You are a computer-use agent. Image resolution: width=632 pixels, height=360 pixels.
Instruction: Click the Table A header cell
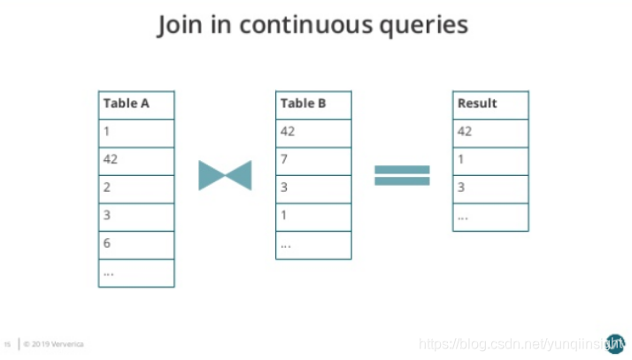136,103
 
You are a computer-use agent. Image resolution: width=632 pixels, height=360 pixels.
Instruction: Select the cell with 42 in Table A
136,160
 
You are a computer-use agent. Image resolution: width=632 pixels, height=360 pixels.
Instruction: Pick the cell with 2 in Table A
136,188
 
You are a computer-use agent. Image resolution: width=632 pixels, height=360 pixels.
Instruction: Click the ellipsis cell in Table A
136,272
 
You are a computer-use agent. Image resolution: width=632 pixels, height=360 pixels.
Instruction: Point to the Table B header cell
313,103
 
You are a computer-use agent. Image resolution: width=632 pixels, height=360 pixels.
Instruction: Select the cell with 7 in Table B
313,160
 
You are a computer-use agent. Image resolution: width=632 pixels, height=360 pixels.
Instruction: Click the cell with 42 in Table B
313,132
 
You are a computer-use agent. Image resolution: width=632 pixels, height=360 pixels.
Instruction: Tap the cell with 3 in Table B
313,188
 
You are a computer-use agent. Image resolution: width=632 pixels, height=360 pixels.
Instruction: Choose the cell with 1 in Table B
313,216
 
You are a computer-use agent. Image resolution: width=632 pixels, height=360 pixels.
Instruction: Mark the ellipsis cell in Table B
313,244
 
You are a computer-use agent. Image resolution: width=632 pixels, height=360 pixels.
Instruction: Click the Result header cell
490,103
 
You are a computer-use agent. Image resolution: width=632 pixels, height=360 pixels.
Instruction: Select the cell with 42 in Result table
490,132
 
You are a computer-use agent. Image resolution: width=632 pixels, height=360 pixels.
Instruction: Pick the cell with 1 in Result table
490,160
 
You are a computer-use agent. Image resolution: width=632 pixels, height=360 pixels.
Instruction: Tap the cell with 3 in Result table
490,188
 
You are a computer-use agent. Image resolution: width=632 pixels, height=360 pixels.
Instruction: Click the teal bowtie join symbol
225,175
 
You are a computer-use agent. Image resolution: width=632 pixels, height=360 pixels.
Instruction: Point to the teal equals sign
402,175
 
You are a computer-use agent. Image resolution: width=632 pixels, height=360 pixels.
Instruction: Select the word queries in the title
421,27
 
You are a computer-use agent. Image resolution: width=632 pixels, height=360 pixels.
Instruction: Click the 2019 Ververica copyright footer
55,343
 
